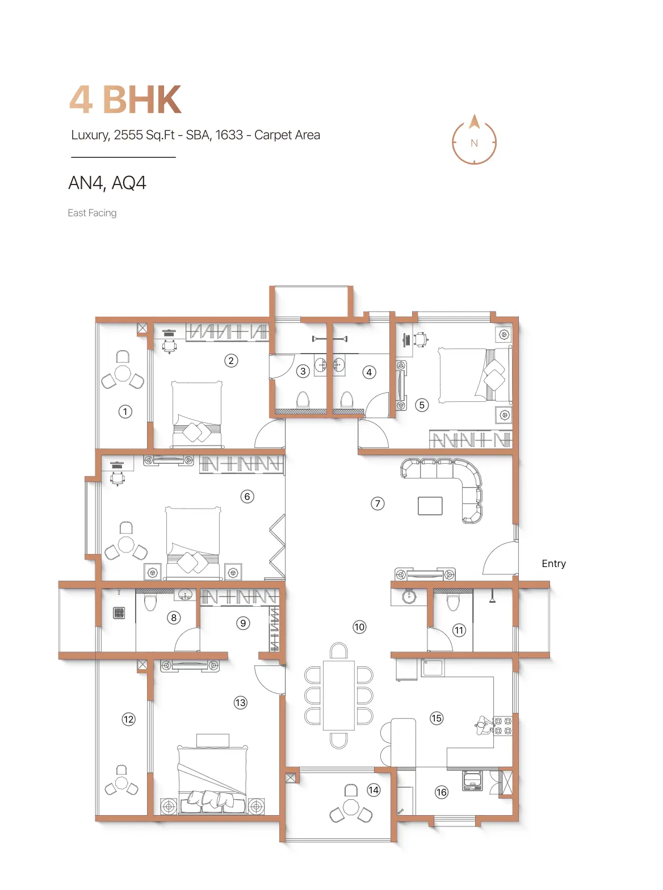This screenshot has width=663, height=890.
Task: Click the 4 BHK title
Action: click(x=125, y=99)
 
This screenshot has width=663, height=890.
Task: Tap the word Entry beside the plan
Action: click(x=553, y=564)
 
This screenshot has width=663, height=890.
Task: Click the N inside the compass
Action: click(x=474, y=143)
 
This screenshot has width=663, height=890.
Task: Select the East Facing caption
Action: click(x=92, y=213)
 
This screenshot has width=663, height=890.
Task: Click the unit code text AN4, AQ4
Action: click(x=107, y=183)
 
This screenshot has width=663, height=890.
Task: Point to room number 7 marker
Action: click(x=377, y=503)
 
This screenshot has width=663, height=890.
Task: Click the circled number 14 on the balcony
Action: click(x=374, y=790)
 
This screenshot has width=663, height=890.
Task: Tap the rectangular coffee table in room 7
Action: click(x=430, y=506)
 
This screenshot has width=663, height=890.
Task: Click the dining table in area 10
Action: click(x=339, y=695)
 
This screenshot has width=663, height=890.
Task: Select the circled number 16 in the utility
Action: click(x=442, y=792)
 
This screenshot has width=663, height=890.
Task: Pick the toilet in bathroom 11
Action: click(x=453, y=602)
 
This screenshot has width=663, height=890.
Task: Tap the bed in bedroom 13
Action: click(x=212, y=780)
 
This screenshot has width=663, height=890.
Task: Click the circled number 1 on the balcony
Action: click(x=125, y=412)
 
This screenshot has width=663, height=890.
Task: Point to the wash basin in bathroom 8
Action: click(x=185, y=595)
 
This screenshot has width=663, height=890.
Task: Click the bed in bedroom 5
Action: click(x=475, y=375)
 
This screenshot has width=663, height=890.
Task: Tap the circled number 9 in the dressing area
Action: click(x=243, y=623)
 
